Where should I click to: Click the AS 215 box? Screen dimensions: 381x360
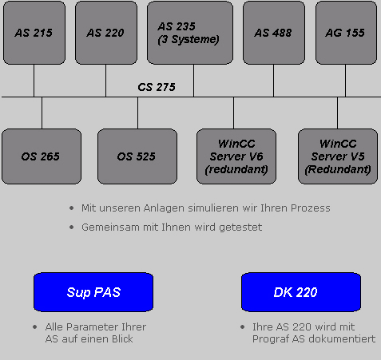pyautogui.click(x=34, y=33)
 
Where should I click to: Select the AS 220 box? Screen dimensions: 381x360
pyautogui.click(x=106, y=33)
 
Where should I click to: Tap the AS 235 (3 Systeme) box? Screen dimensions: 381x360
pyautogui.click(x=190, y=33)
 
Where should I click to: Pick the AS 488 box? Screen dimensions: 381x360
pyautogui.click(x=274, y=33)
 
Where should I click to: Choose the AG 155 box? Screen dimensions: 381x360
pyautogui.click(x=346, y=33)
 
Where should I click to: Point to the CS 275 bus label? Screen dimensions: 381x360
pyautogui.click(x=157, y=87)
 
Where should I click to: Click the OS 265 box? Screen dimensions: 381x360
pyautogui.click(x=42, y=156)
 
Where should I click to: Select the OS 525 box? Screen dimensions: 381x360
pyautogui.click(x=137, y=156)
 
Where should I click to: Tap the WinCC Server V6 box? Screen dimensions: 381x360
pyautogui.click(x=236, y=156)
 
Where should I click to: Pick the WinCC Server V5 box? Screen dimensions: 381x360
pyautogui.click(x=338, y=156)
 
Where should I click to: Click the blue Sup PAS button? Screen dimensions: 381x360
pyautogui.click(x=93, y=292)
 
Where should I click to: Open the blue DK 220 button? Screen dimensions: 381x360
pyautogui.click(x=301, y=292)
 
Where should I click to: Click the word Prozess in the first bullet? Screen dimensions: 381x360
pyautogui.click(x=311, y=208)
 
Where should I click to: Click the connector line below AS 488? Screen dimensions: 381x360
pyautogui.click(x=273, y=81)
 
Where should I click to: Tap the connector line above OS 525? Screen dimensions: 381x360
pyautogui.click(x=137, y=113)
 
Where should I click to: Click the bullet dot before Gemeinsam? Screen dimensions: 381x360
pyautogui.click(x=71, y=227)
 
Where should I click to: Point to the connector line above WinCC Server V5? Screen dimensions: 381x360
pyautogui.click(x=337, y=113)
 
